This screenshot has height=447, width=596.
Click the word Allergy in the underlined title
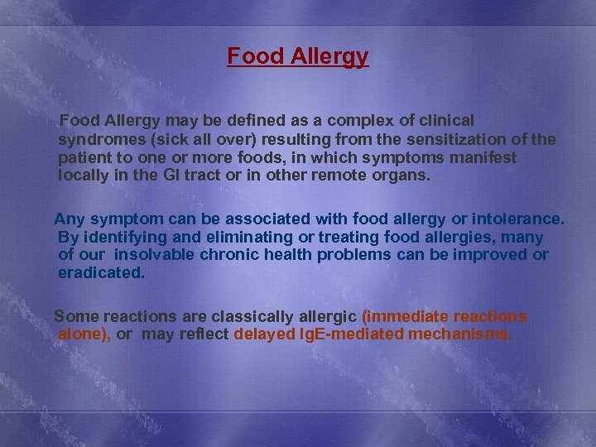click(330, 57)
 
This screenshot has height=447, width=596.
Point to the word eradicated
click(102, 273)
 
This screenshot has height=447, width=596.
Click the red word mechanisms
click(459, 335)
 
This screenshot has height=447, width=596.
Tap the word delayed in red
click(262, 335)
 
